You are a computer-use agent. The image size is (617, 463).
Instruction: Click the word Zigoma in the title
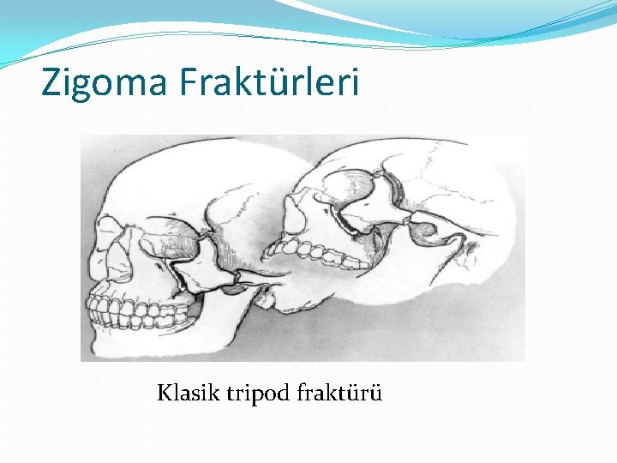[x=105, y=82]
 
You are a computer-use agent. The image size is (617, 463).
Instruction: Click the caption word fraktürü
[x=339, y=394]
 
